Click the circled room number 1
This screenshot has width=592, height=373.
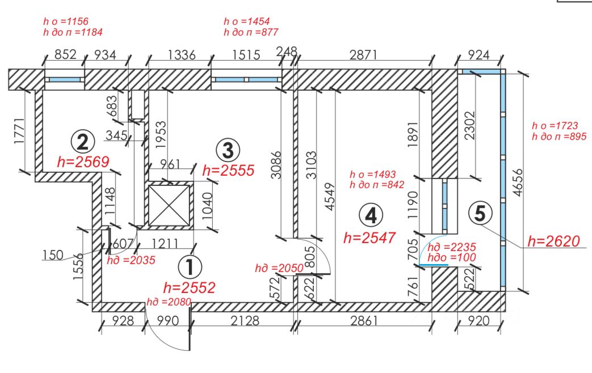click(190, 266)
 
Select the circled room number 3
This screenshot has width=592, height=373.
click(228, 150)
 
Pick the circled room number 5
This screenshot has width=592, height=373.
click(480, 214)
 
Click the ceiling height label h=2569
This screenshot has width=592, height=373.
click(83, 162)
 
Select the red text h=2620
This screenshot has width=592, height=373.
click(553, 241)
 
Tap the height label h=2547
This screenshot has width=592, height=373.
click(370, 237)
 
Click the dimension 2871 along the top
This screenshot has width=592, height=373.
click(362, 55)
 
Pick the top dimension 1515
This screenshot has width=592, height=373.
click(246, 55)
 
